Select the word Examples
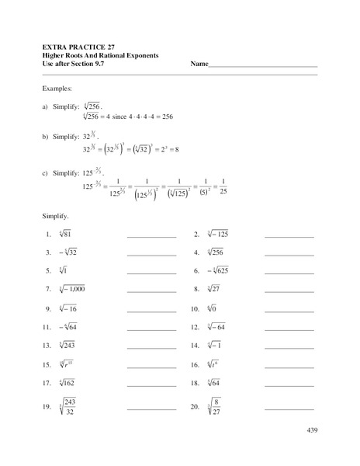click(58, 89)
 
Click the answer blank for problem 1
click(151, 234)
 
